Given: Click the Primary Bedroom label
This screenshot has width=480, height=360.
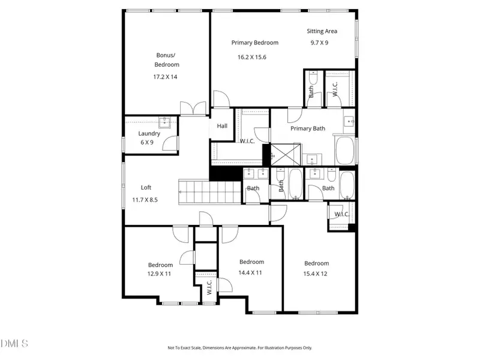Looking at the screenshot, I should pyautogui.click(x=255, y=43).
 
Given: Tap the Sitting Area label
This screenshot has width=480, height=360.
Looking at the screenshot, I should pyautogui.click(x=322, y=31).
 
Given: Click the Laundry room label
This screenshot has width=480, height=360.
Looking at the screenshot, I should pyautogui.click(x=149, y=134).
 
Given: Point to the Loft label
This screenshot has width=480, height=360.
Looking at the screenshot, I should pyautogui.click(x=146, y=187).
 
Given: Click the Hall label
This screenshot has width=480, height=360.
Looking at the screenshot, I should pyautogui.click(x=222, y=126).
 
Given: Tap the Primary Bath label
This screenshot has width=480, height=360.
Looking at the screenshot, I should pyautogui.click(x=307, y=128).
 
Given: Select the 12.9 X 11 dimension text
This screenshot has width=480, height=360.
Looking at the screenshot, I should pyautogui.click(x=160, y=274).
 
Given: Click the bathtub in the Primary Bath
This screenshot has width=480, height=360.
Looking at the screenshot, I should pyautogui.click(x=345, y=151).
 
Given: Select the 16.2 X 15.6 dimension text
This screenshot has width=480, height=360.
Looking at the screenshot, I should pyautogui.click(x=251, y=57).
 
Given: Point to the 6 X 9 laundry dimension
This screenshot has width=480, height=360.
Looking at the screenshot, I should pyautogui.click(x=147, y=142).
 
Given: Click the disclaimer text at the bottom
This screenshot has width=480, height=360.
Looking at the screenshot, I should pyautogui.click(x=239, y=347).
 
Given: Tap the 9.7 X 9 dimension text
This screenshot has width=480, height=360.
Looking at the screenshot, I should pyautogui.click(x=319, y=43).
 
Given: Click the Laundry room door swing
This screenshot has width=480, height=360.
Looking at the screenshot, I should pyautogui.click(x=172, y=143).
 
